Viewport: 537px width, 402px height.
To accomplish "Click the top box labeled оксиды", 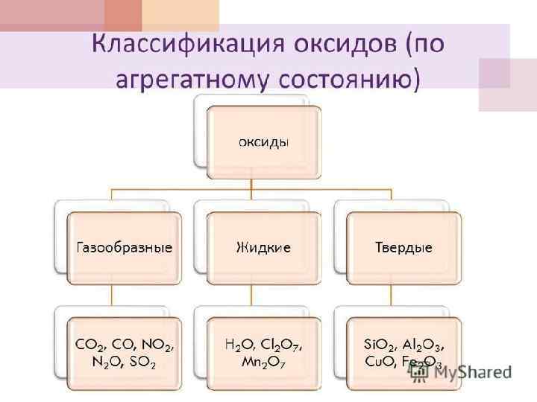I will [x=264, y=141].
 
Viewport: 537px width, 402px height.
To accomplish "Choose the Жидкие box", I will [x=264, y=247].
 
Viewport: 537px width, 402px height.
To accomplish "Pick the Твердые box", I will [x=403, y=247].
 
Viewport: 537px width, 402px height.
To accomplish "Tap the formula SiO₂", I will [x=378, y=345].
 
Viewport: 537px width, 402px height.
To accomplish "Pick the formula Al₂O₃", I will [x=422, y=345].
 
